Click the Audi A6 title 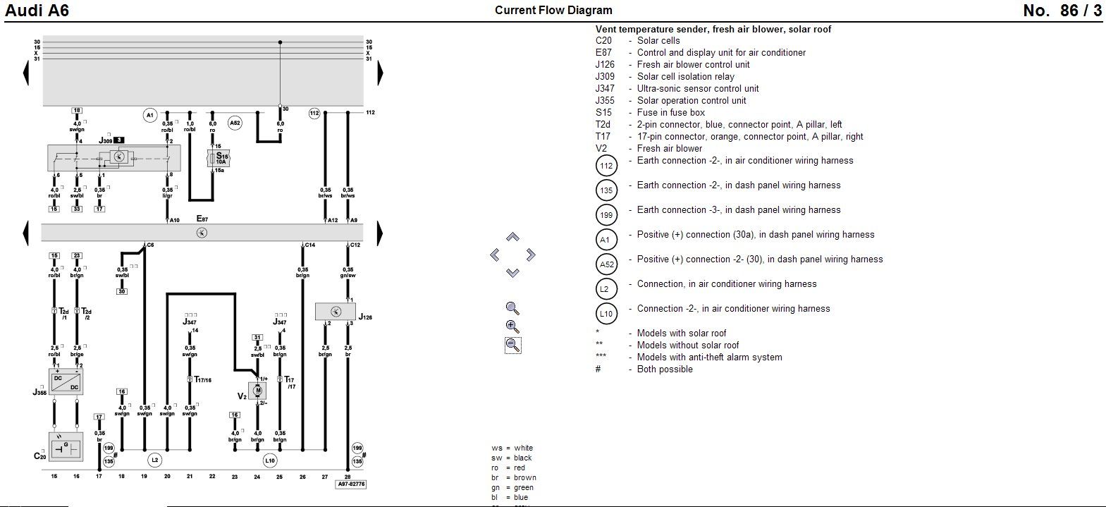pyautogui.click(x=36, y=11)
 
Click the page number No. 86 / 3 pyautogui.click(x=1062, y=11)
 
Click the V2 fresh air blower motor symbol pyautogui.click(x=257, y=391)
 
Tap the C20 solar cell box pyautogui.click(x=66, y=447)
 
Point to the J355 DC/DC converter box pyautogui.click(x=66, y=381)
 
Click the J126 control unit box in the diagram pyautogui.click(x=336, y=311)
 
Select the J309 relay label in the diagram pyautogui.click(x=106, y=140)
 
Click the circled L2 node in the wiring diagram pyautogui.click(x=154, y=460)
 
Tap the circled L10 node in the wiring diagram pyautogui.click(x=270, y=460)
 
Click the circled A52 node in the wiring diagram pyautogui.click(x=235, y=123)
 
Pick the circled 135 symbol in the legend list pyautogui.click(x=606, y=190)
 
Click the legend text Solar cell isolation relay pyautogui.click(x=685, y=76)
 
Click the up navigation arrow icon pyautogui.click(x=512, y=238)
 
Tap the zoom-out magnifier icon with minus pyautogui.click(x=512, y=345)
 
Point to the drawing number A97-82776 pyautogui.click(x=351, y=484)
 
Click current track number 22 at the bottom pyautogui.click(x=212, y=477)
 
